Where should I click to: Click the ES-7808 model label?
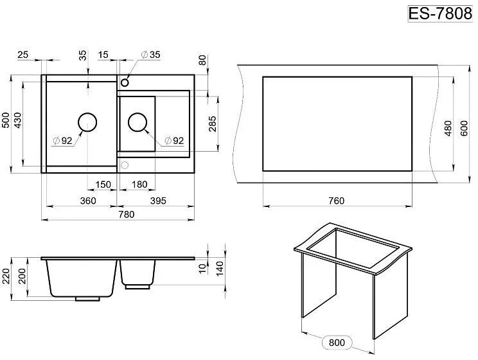tap(440, 14)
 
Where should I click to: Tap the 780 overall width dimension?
tap(126, 215)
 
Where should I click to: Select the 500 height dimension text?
tap(6, 120)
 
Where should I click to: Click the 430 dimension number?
tap(18, 120)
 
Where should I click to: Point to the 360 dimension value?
tap(88, 201)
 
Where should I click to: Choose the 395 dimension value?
tap(158, 201)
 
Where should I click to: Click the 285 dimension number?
tap(213, 123)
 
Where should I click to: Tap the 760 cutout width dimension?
tap(337, 201)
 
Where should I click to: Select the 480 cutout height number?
tap(448, 128)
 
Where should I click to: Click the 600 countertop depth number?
tap(464, 128)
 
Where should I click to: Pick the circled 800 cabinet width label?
tap(337, 343)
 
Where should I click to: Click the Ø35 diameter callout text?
tap(151, 55)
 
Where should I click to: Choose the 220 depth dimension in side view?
tap(6, 276)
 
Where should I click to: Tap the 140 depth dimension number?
tap(220, 269)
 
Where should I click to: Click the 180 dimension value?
tap(139, 184)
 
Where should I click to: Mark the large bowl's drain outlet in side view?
tap(87, 299)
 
